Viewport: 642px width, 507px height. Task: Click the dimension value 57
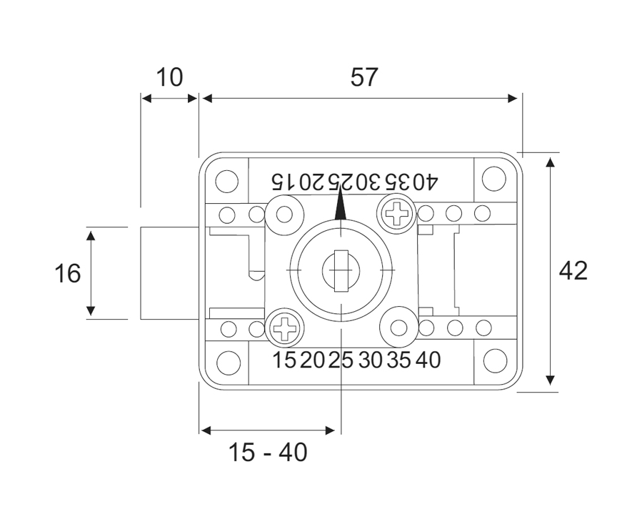pyautogui.click(x=364, y=77)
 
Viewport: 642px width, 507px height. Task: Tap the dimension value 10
pyautogui.click(x=169, y=77)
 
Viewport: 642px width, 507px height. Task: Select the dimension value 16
pyautogui.click(x=68, y=273)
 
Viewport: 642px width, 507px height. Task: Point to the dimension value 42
pyautogui.click(x=573, y=270)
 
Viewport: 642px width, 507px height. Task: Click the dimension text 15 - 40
pyautogui.click(x=267, y=453)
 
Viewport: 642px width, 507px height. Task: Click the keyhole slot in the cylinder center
pyautogui.click(x=341, y=270)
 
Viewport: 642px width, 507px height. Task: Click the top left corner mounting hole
pyautogui.click(x=226, y=181)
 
